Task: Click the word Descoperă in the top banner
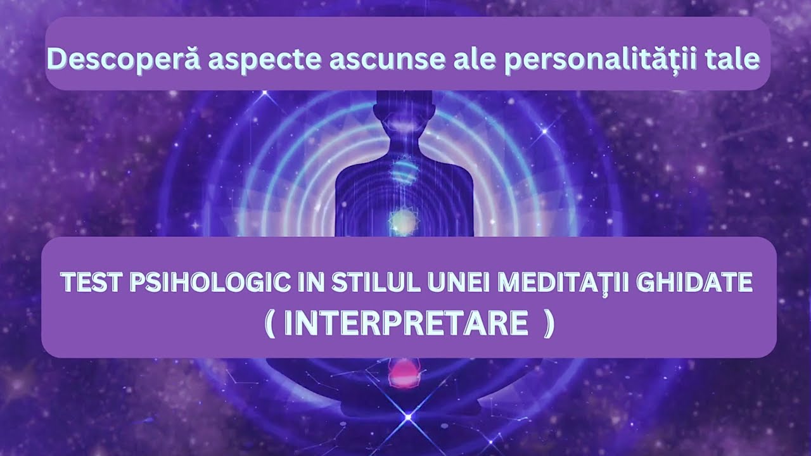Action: (123, 59)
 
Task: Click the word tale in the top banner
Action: (734, 59)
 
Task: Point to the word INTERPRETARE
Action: (406, 324)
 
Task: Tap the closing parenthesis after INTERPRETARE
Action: (549, 325)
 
